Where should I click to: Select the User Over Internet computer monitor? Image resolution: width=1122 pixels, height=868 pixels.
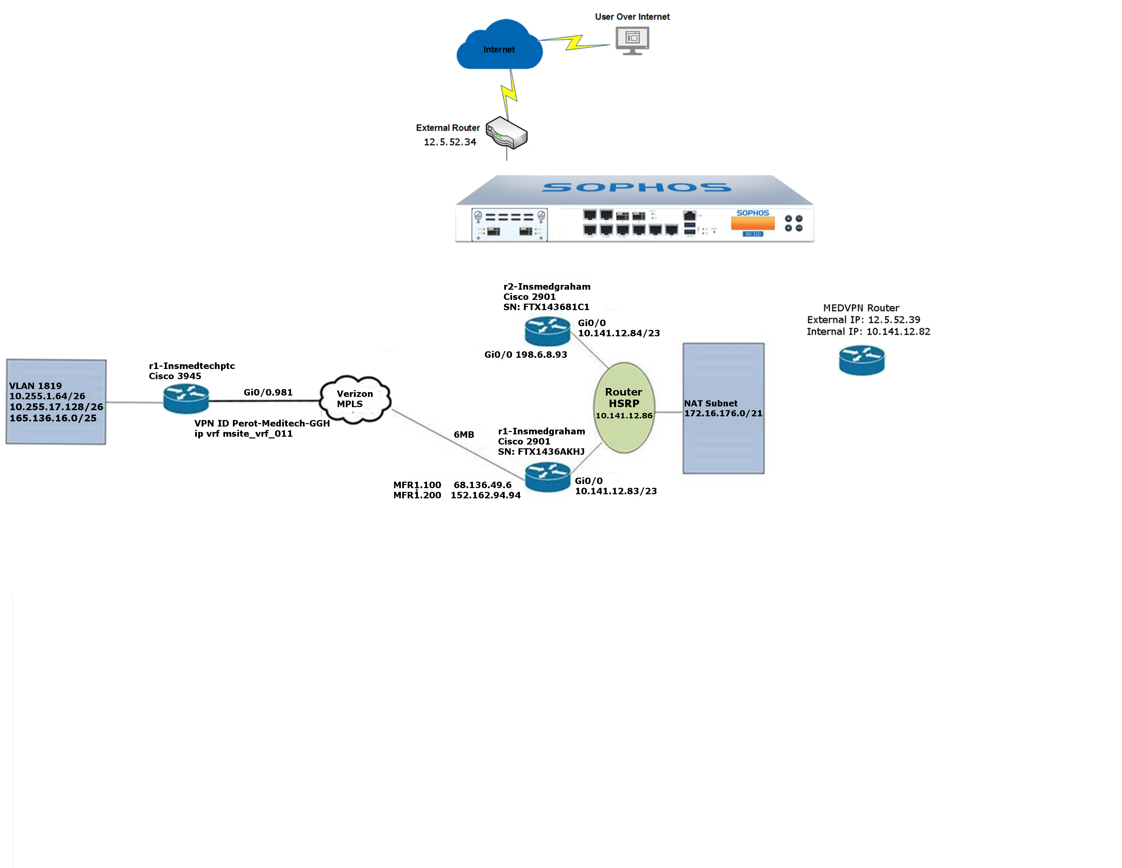click(x=632, y=41)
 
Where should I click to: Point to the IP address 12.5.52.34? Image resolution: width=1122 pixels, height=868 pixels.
click(x=450, y=142)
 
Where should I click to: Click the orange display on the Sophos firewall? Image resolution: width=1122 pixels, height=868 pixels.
click(x=753, y=223)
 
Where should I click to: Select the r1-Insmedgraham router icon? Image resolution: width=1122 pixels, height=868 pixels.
click(x=548, y=477)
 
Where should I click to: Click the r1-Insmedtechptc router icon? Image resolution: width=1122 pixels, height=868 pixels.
click(x=186, y=399)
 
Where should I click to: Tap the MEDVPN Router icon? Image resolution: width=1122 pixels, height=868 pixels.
click(x=862, y=360)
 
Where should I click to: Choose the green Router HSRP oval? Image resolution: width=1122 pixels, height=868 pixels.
click(x=624, y=408)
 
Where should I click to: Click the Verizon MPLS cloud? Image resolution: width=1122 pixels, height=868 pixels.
click(x=355, y=399)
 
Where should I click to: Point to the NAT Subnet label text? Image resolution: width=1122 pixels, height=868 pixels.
click(x=711, y=403)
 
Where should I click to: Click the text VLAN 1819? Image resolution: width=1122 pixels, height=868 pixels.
click(x=35, y=386)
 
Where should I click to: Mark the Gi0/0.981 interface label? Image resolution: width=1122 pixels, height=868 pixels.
click(x=268, y=392)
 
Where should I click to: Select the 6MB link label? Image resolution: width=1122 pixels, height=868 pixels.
click(x=464, y=435)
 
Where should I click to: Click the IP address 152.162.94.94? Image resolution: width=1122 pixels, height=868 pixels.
click(x=486, y=495)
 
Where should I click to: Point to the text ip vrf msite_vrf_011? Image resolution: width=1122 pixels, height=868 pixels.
click(x=243, y=433)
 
